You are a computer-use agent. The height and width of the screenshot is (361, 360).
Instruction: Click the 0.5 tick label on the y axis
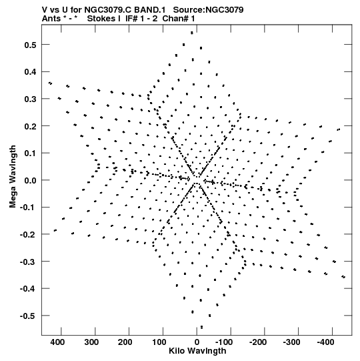(x=31, y=45)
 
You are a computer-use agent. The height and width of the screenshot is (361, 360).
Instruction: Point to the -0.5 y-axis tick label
(x=28, y=316)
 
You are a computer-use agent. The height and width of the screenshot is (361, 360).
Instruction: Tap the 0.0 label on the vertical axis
(x=31, y=180)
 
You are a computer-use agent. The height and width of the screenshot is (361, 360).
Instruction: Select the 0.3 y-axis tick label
(x=31, y=99)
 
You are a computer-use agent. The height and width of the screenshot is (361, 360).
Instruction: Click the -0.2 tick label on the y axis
(x=28, y=234)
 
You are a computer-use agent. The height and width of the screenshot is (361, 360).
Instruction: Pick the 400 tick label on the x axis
(x=58, y=342)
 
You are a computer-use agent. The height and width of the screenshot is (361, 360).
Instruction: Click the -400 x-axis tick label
(x=325, y=342)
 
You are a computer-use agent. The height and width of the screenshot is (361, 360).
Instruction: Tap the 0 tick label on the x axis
(x=197, y=342)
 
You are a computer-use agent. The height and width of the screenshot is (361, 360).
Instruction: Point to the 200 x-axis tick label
(x=125, y=342)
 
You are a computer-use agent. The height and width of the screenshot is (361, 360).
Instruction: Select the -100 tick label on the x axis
(x=224, y=342)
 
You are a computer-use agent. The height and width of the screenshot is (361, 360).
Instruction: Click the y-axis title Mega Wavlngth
(x=13, y=177)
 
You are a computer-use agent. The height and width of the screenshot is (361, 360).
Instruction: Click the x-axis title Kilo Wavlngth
(x=197, y=351)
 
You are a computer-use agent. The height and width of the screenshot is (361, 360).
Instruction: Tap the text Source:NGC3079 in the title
(x=208, y=10)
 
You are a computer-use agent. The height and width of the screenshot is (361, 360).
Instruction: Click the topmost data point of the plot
(x=192, y=33)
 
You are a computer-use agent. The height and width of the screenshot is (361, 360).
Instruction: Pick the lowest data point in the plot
(x=202, y=327)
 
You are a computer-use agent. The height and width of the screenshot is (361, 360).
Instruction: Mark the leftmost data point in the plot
(x=50, y=83)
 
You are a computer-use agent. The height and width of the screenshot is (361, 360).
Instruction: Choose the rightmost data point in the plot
(x=343, y=277)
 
